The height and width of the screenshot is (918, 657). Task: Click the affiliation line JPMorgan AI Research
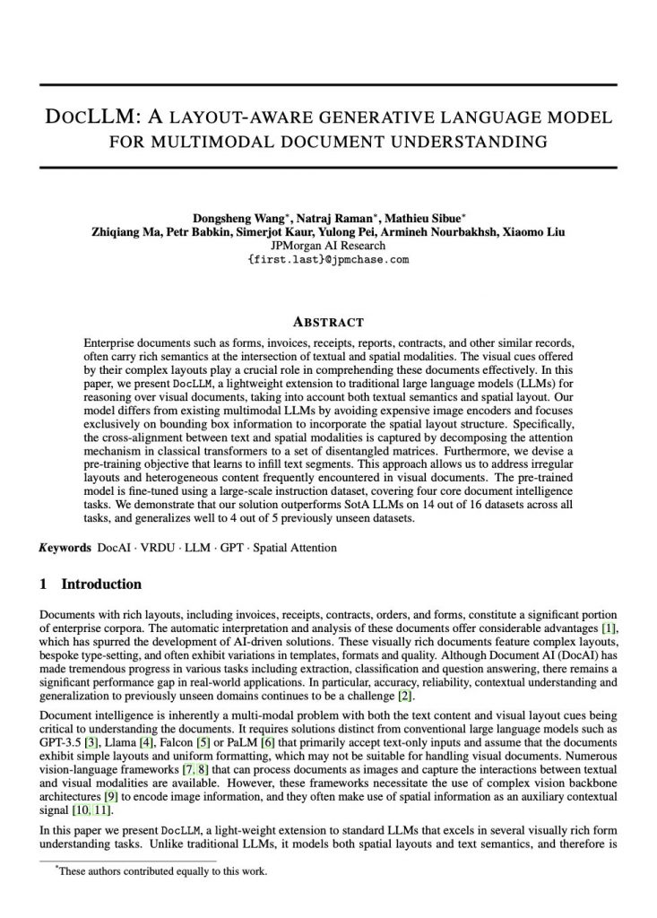click(328, 246)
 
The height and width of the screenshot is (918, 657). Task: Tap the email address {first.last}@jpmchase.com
click(328, 260)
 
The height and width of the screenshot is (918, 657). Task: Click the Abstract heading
click(328, 322)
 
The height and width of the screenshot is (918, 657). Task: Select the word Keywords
click(65, 547)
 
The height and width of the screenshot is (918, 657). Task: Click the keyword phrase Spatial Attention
click(296, 547)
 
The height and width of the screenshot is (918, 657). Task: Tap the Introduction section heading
click(100, 585)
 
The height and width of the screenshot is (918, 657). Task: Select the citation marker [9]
click(110, 797)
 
